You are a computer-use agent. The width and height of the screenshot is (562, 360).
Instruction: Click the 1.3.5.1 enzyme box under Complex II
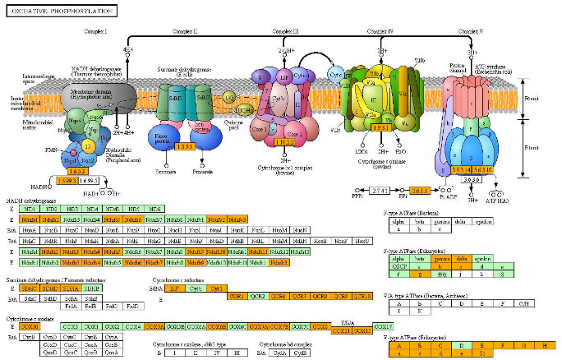(x=185, y=148)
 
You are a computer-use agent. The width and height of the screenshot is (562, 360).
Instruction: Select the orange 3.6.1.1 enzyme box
(x=421, y=190)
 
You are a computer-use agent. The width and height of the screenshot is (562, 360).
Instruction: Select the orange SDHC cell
(x=52, y=288)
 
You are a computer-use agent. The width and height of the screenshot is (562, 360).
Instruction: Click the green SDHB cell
(x=90, y=288)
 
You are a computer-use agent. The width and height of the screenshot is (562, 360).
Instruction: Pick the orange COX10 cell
(x=29, y=327)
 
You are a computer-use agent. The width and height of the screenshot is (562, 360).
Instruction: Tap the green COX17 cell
(x=384, y=327)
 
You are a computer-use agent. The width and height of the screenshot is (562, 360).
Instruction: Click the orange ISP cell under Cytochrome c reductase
(x=174, y=288)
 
